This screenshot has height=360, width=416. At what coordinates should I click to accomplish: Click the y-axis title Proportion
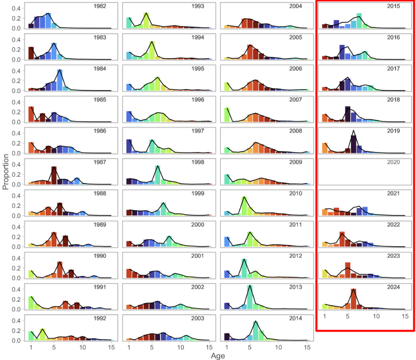(x=6, y=172)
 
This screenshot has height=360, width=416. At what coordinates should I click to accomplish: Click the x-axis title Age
(x=218, y=356)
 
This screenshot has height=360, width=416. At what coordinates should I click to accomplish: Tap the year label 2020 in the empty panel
(x=393, y=162)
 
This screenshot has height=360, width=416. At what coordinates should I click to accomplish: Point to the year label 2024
(x=393, y=287)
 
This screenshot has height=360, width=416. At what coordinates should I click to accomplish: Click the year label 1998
(x=198, y=162)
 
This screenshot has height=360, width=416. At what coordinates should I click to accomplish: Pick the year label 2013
(x=296, y=287)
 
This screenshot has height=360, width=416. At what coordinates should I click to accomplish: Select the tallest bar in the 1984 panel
(x=60, y=80)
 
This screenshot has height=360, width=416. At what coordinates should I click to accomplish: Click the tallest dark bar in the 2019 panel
(x=353, y=144)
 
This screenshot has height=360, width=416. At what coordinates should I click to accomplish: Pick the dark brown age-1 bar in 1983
(x=31, y=53)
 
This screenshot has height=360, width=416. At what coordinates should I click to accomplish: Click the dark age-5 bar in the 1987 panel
(x=54, y=175)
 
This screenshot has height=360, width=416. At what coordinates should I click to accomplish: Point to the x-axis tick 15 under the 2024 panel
(x=405, y=316)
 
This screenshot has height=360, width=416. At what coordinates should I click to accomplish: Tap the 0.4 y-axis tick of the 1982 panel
(x=16, y=9)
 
